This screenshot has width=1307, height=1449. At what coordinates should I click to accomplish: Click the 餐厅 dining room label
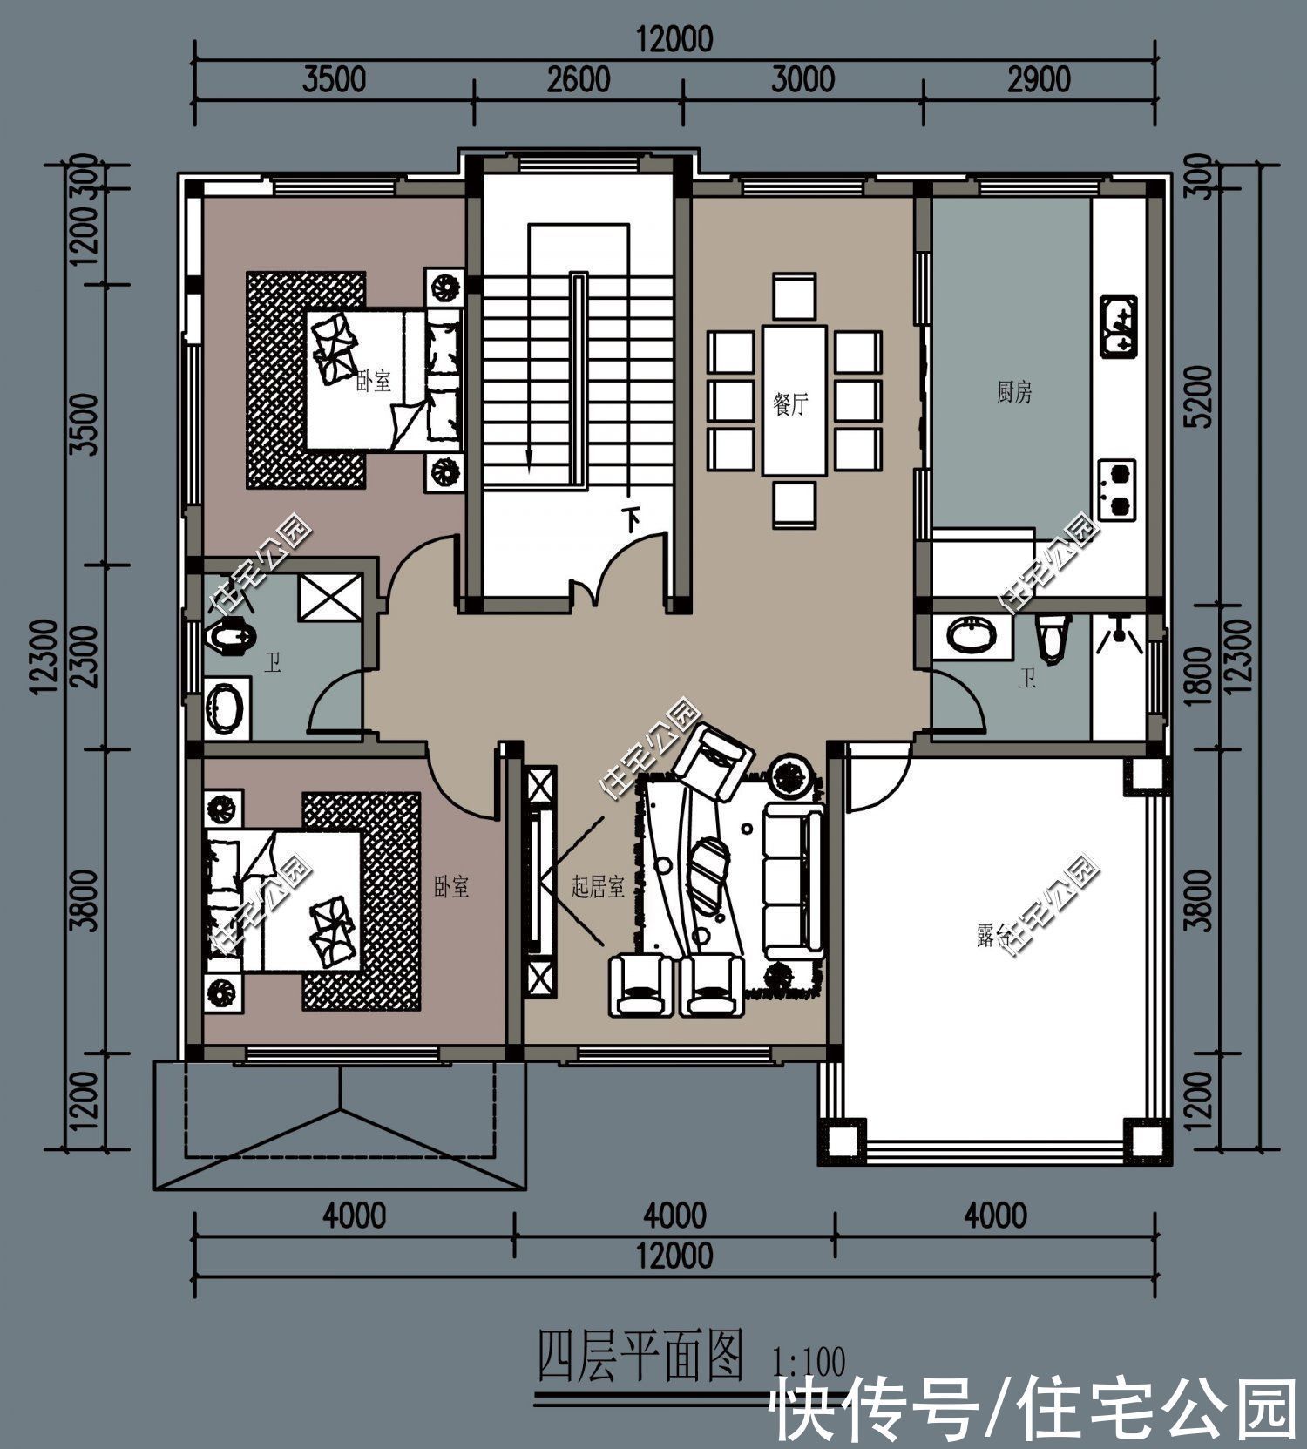[x=790, y=404]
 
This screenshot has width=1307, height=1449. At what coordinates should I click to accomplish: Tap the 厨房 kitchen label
[x=1013, y=393]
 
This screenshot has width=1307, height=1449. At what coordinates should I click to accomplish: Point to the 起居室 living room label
[x=598, y=888]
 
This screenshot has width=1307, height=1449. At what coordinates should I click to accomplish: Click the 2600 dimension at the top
[x=579, y=80]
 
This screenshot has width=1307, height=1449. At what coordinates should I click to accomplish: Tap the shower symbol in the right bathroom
[x=1119, y=633]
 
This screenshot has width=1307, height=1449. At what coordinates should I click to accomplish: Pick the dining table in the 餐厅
[x=794, y=400]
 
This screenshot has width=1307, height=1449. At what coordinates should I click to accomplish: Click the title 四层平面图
[x=640, y=1357]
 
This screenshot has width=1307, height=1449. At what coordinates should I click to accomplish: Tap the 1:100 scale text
[x=809, y=1362]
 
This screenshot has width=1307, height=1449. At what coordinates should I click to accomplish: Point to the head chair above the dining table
[x=794, y=296]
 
